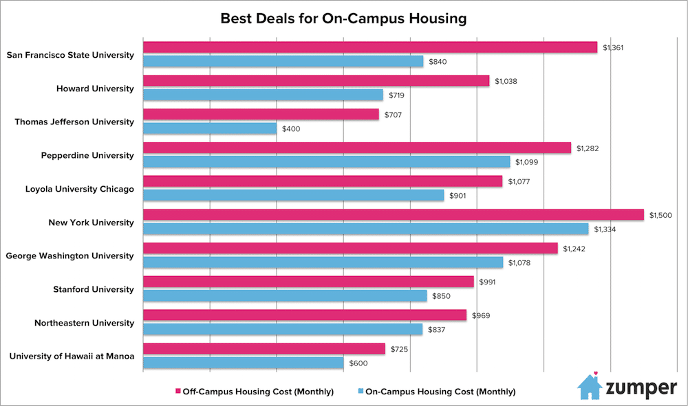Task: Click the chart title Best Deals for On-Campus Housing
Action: coord(343,19)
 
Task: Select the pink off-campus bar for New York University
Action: coord(393,215)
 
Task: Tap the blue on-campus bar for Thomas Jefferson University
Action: coord(209,128)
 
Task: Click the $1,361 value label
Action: coord(614,47)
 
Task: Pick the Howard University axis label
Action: coord(96,88)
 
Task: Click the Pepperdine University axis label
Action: coord(87,155)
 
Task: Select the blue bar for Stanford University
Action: coord(285,295)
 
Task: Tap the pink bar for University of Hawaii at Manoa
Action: coord(264,349)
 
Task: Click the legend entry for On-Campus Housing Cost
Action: coord(437,392)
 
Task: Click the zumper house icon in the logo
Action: coord(590,386)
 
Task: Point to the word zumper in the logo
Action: coord(641,388)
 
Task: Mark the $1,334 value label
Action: coord(605,229)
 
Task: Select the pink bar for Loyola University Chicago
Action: coord(322,181)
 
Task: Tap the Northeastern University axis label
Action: coord(85,322)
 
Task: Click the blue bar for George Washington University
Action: coord(323,262)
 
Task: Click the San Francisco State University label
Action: coord(70,54)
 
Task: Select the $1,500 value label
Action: coord(660,215)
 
